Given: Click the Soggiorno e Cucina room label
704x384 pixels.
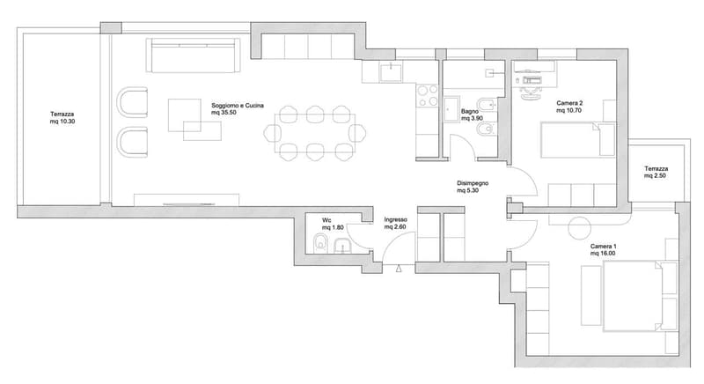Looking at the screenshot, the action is click(238, 106).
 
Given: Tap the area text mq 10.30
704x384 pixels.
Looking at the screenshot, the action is click(62, 122).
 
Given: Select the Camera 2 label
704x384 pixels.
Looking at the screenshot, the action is click(569, 103).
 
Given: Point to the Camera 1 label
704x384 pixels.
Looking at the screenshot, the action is click(603, 247).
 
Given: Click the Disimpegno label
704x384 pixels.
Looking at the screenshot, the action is click(473, 183).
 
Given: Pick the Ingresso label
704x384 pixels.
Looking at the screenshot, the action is click(395, 219).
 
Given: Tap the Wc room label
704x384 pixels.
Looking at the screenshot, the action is click(326, 220).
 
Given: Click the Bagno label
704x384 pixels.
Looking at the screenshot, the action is click(470, 111).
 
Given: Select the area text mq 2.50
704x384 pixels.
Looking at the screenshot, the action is click(656, 175).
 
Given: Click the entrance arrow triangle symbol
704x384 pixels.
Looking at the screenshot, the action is click(399, 270).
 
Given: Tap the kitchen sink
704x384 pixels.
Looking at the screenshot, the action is click(391, 72).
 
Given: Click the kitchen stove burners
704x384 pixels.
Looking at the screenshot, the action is click(427, 96).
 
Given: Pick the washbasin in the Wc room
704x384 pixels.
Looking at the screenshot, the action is click(343, 246).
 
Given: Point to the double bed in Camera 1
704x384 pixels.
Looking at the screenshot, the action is click(633, 296).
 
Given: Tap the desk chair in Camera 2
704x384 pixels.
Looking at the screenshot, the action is click(532, 93).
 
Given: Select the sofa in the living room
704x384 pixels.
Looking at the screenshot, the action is click(193, 55).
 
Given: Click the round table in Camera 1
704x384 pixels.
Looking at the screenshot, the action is click(579, 228).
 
